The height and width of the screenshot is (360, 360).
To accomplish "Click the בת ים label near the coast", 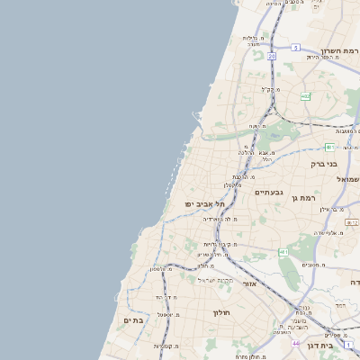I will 133,320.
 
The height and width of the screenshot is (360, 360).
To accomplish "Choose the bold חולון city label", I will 221,313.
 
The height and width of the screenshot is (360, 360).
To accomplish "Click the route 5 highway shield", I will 295,47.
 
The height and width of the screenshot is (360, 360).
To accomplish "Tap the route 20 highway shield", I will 271,56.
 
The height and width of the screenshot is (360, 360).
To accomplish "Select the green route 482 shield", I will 306,96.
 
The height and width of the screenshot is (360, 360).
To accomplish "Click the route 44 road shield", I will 295,343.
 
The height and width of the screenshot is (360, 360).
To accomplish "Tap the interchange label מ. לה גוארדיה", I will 220,219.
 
